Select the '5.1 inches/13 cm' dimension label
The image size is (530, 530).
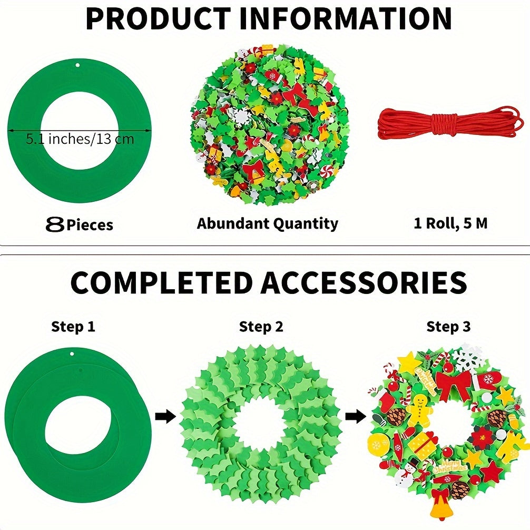80,139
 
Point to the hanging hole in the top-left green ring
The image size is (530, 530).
78,65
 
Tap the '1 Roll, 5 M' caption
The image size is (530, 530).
450,223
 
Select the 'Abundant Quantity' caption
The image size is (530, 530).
267,224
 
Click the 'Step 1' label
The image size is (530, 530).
73,327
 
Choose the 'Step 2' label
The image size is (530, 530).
261,327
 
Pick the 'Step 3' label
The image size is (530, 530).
448,327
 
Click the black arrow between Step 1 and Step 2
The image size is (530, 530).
165,416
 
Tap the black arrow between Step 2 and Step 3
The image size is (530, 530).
356,416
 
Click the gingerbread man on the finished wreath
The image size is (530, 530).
419,409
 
